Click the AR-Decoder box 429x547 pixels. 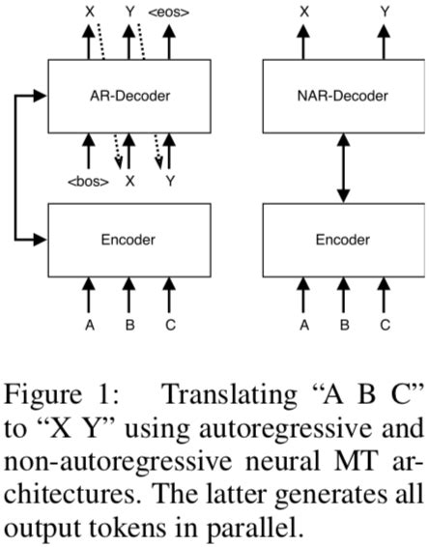point(129,96)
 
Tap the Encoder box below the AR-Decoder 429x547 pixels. point(129,239)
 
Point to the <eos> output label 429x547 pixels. point(170,13)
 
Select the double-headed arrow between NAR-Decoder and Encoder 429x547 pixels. point(343,167)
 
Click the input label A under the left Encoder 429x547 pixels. point(89,325)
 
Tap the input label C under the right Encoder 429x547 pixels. point(385,325)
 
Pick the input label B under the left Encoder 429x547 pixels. point(129,325)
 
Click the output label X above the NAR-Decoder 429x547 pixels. point(303,13)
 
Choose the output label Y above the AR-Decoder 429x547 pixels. point(129,13)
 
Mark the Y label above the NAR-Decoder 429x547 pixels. point(385,13)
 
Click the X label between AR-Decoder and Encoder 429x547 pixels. point(129,180)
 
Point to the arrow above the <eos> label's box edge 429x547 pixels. point(170,41)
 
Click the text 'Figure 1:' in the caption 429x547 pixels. point(47,395)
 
